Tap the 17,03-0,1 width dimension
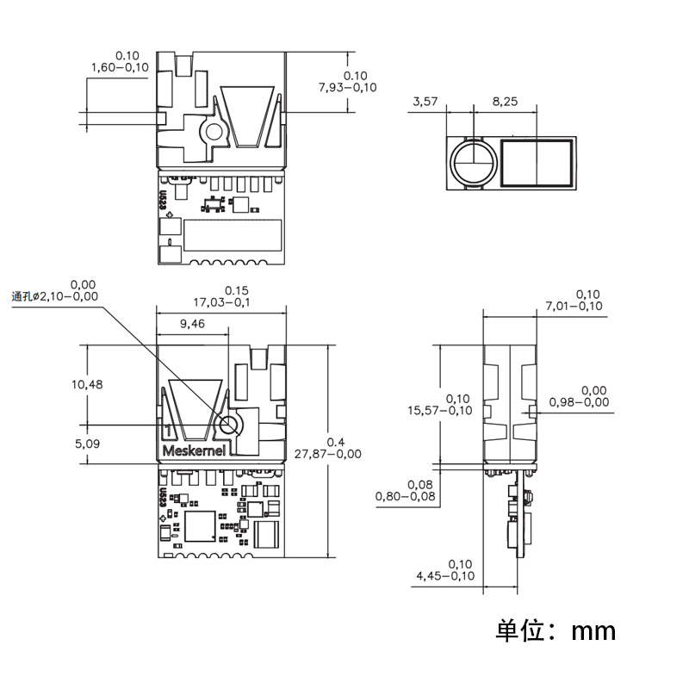tap(223, 302)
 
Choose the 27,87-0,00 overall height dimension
tap(328, 453)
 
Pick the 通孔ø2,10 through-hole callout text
tap(53, 296)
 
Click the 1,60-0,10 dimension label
tap(119, 67)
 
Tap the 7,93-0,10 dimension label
tap(348, 88)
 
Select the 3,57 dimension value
tap(425, 102)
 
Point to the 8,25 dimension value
tap(505, 102)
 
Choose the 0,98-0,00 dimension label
tap(578, 401)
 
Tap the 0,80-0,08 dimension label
tap(404, 496)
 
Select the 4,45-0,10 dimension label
tap(444, 575)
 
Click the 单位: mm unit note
tap(556, 630)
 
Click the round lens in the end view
tap(473, 162)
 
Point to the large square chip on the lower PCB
tap(201, 525)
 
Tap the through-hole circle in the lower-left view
tap(230, 425)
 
